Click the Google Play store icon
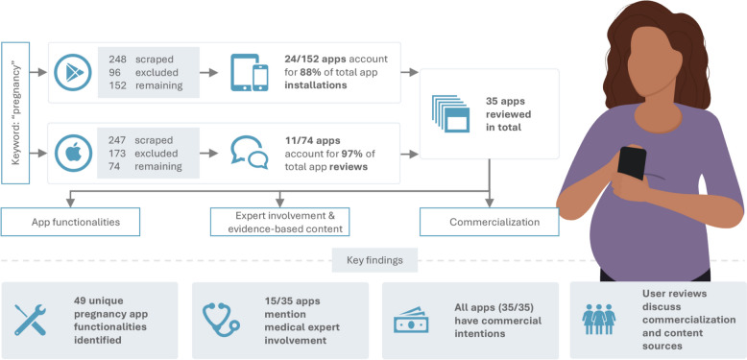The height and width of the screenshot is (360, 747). tap(72, 72)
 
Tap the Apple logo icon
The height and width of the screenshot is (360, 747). tap(72, 154)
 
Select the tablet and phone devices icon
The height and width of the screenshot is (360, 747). tap(249, 72)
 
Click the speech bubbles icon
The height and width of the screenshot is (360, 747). tap(249, 153)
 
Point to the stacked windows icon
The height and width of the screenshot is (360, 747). tap(450, 113)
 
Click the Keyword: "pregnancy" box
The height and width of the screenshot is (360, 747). tap(15, 113)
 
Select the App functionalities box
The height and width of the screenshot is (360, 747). tap(70, 222)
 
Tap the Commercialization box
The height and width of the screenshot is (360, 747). tap(489, 222)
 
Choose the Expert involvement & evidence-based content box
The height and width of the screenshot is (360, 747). tap(280, 222)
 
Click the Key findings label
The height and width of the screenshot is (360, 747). tap(374, 260)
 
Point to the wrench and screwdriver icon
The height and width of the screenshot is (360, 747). tap(30, 320)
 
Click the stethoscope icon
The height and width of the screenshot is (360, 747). tap(221, 320)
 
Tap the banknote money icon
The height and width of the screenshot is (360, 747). tap(411, 320)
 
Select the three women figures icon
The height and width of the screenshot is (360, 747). tap(599, 319)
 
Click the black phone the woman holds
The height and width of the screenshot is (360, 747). tap(632, 163)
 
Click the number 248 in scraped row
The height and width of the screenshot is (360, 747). tap(117, 60)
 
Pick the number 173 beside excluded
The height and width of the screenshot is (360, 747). tap(117, 154)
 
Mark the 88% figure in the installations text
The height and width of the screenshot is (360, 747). tap(310, 72)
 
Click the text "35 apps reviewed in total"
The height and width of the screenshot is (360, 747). tap(508, 114)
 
